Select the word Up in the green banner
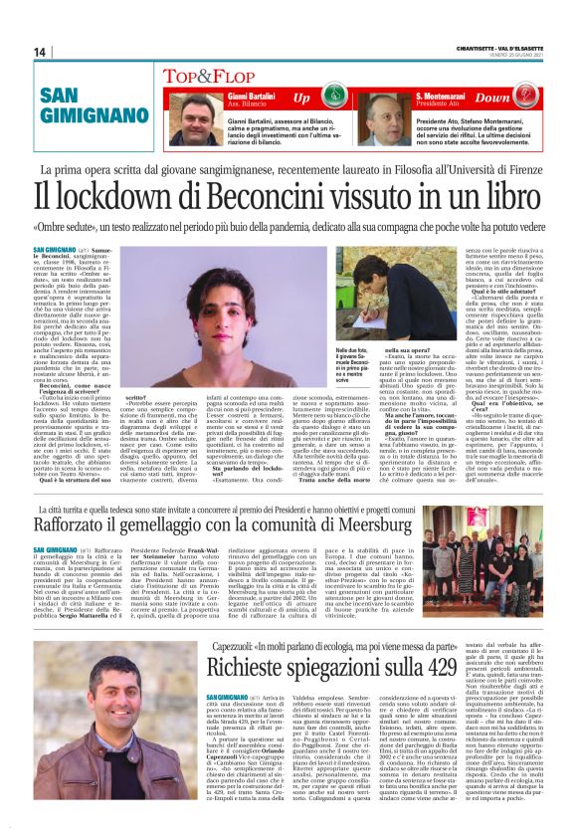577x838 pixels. pos(301,99)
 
